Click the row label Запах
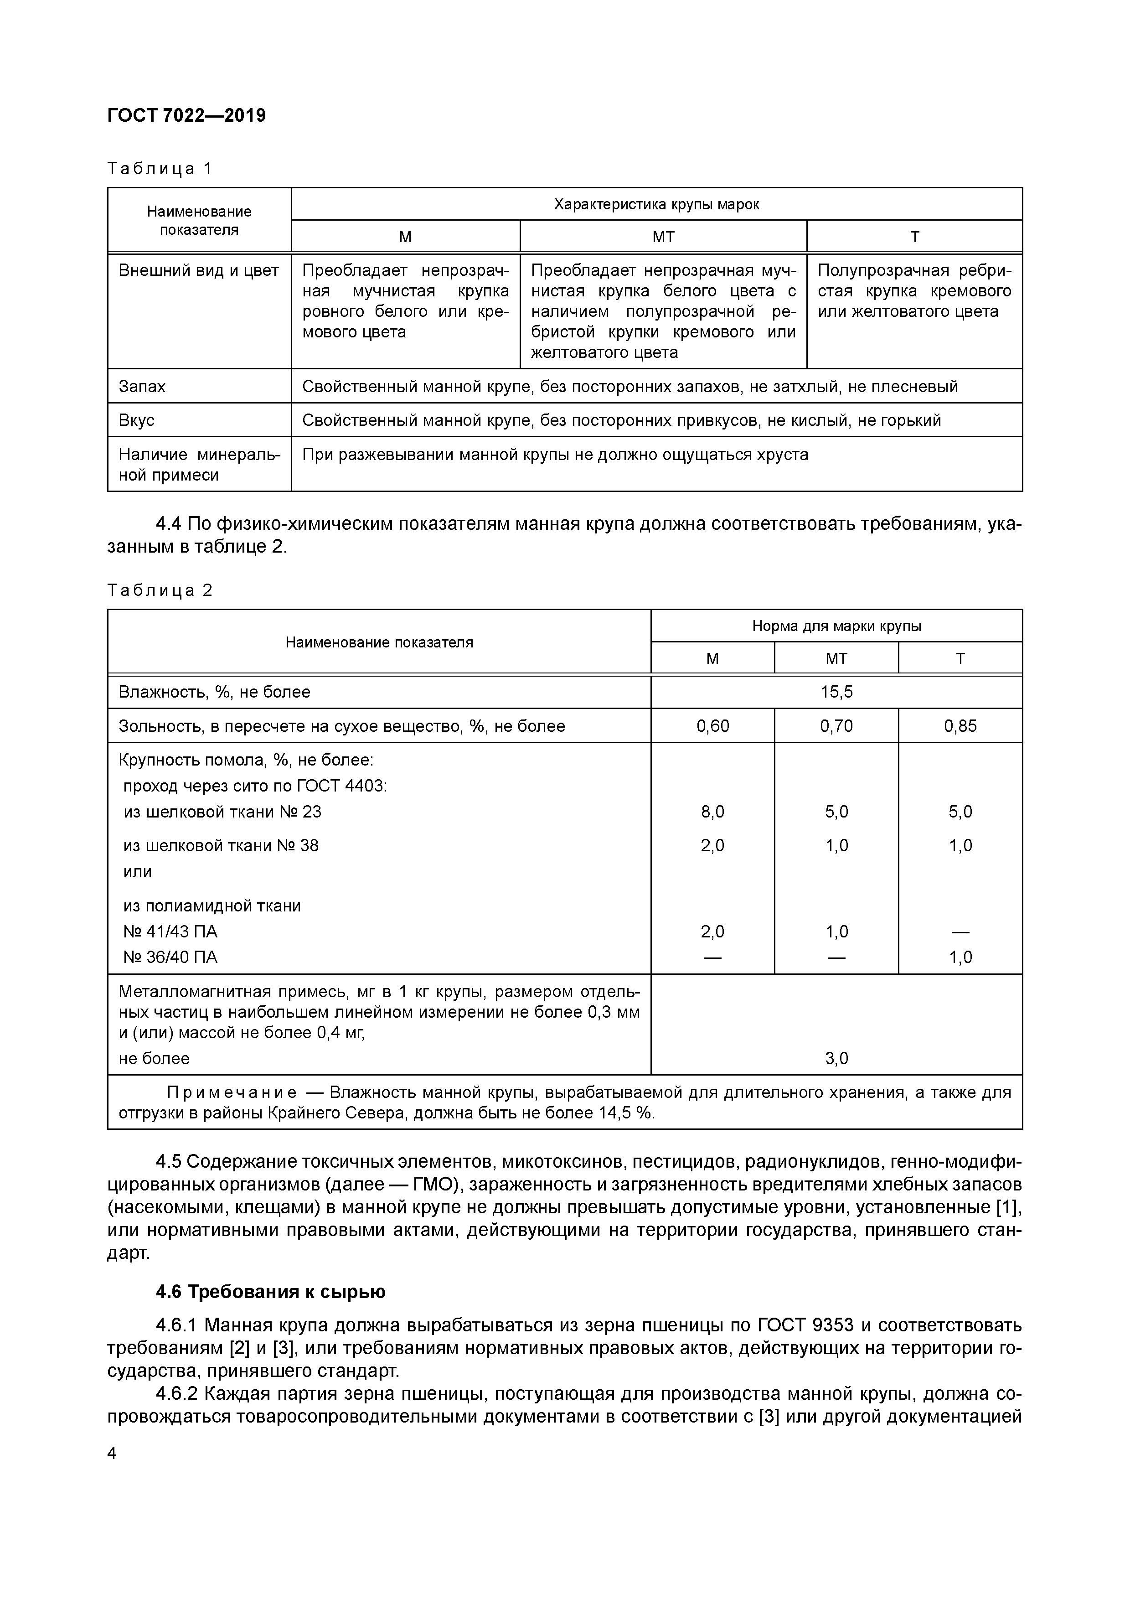(142, 387)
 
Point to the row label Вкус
(136, 421)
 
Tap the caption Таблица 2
(160, 590)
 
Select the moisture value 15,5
(836, 692)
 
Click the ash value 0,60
(712, 726)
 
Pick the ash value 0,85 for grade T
(960, 726)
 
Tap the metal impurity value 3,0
(836, 1059)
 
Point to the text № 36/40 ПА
(170, 957)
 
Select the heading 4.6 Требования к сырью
(270, 1292)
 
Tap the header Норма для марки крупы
(836, 626)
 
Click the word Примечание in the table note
(232, 1093)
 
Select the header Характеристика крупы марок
(656, 205)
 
